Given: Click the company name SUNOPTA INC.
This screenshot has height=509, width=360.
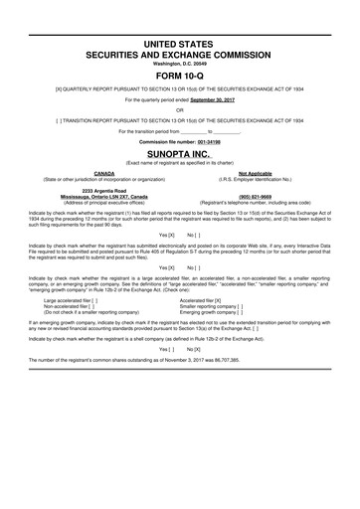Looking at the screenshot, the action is point(179,155).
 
